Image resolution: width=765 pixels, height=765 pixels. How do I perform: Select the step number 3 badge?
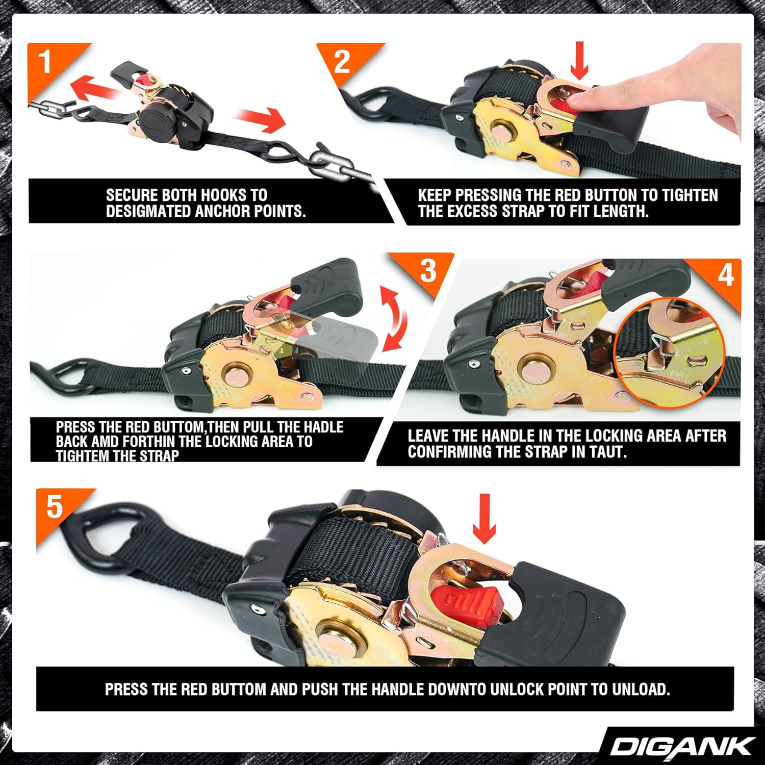(427, 270)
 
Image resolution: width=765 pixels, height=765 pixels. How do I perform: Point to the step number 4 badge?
(725, 275)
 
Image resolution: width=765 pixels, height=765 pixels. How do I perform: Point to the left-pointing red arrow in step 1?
(97, 90)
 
